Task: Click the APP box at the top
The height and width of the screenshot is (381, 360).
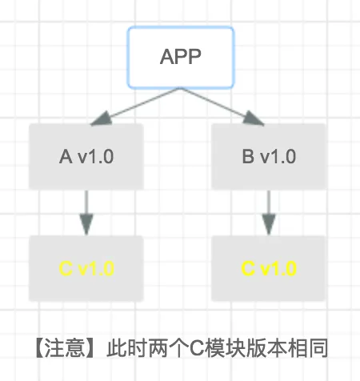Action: pos(181,58)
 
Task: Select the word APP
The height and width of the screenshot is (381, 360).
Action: pos(181,57)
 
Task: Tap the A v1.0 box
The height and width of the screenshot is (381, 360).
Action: pos(86,157)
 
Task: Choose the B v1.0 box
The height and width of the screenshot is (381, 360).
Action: pos(269,157)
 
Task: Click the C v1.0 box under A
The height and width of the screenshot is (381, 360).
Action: pos(86,268)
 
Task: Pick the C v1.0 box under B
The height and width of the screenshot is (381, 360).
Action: pos(269,268)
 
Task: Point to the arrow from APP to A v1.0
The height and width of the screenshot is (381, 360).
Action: pos(135,106)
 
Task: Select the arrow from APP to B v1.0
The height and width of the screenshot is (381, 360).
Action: pos(222,106)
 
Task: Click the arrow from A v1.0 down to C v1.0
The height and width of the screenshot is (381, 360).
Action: pos(86,213)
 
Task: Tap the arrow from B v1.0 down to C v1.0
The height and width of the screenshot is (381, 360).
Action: pos(269,213)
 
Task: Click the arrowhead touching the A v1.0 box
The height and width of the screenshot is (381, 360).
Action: pos(102,119)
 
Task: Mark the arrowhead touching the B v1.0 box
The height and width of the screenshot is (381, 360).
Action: pos(253,119)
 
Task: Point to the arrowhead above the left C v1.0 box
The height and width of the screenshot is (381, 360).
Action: pos(86,223)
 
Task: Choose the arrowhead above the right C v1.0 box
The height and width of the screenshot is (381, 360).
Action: pos(269,223)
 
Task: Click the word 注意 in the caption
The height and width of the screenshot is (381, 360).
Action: pos(64,347)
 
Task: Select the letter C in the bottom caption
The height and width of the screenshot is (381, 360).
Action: pos(197,348)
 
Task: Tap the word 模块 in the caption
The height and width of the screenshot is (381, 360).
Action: pos(225,347)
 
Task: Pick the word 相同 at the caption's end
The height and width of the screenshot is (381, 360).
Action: pos(307,347)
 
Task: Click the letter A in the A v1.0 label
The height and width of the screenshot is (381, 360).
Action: pos(66,157)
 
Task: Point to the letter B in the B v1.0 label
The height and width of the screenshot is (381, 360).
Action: pos(248,157)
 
